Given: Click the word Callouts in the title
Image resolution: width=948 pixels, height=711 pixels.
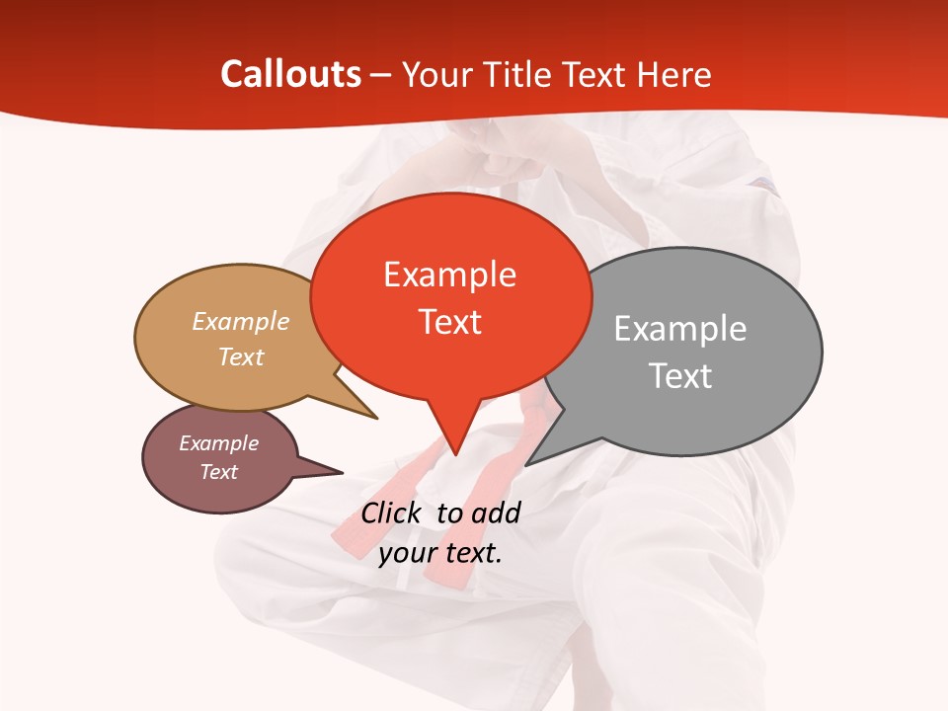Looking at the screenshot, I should coord(291,74).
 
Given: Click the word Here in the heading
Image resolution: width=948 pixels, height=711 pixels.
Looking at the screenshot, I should coord(675,74).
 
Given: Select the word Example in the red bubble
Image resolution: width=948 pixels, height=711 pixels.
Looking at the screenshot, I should coord(449,275).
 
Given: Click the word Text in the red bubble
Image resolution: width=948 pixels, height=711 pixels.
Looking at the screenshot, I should coord(449,322).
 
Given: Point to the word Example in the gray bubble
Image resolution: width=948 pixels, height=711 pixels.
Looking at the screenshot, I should coord(680,329).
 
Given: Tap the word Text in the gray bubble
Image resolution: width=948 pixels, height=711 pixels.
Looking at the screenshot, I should coord(680,376).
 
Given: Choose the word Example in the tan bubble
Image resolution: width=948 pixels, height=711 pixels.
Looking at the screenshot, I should coord(241,321).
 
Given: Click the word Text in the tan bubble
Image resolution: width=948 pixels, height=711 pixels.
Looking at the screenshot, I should coord(241,356).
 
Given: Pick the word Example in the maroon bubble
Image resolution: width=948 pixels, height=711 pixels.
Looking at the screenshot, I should coord(218,443).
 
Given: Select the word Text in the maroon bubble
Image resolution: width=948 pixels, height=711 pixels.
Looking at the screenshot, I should coord(218,472).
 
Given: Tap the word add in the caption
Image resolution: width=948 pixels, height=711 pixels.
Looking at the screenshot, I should coord(496,513).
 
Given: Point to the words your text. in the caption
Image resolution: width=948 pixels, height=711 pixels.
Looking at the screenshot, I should coord(440,553).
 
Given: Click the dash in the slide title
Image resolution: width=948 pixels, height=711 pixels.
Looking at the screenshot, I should coord(382,75).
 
